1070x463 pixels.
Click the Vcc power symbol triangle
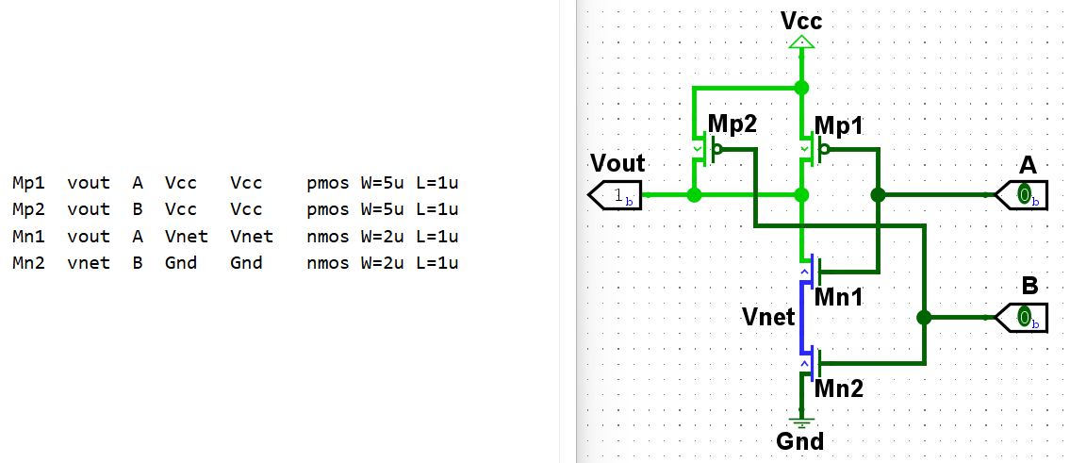[x=801, y=42]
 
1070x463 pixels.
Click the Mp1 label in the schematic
[x=839, y=126]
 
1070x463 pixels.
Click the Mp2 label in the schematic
[x=733, y=124]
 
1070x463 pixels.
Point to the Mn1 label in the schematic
[x=839, y=298]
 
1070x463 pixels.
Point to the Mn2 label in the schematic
[x=839, y=388]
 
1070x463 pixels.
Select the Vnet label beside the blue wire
[x=768, y=317]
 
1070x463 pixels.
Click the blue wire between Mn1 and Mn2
[x=802, y=317]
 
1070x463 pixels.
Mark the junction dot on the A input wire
[x=878, y=195]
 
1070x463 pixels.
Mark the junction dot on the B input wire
[x=924, y=317]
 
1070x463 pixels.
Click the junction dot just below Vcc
[x=801, y=88]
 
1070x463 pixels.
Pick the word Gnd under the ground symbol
[x=799, y=441]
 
